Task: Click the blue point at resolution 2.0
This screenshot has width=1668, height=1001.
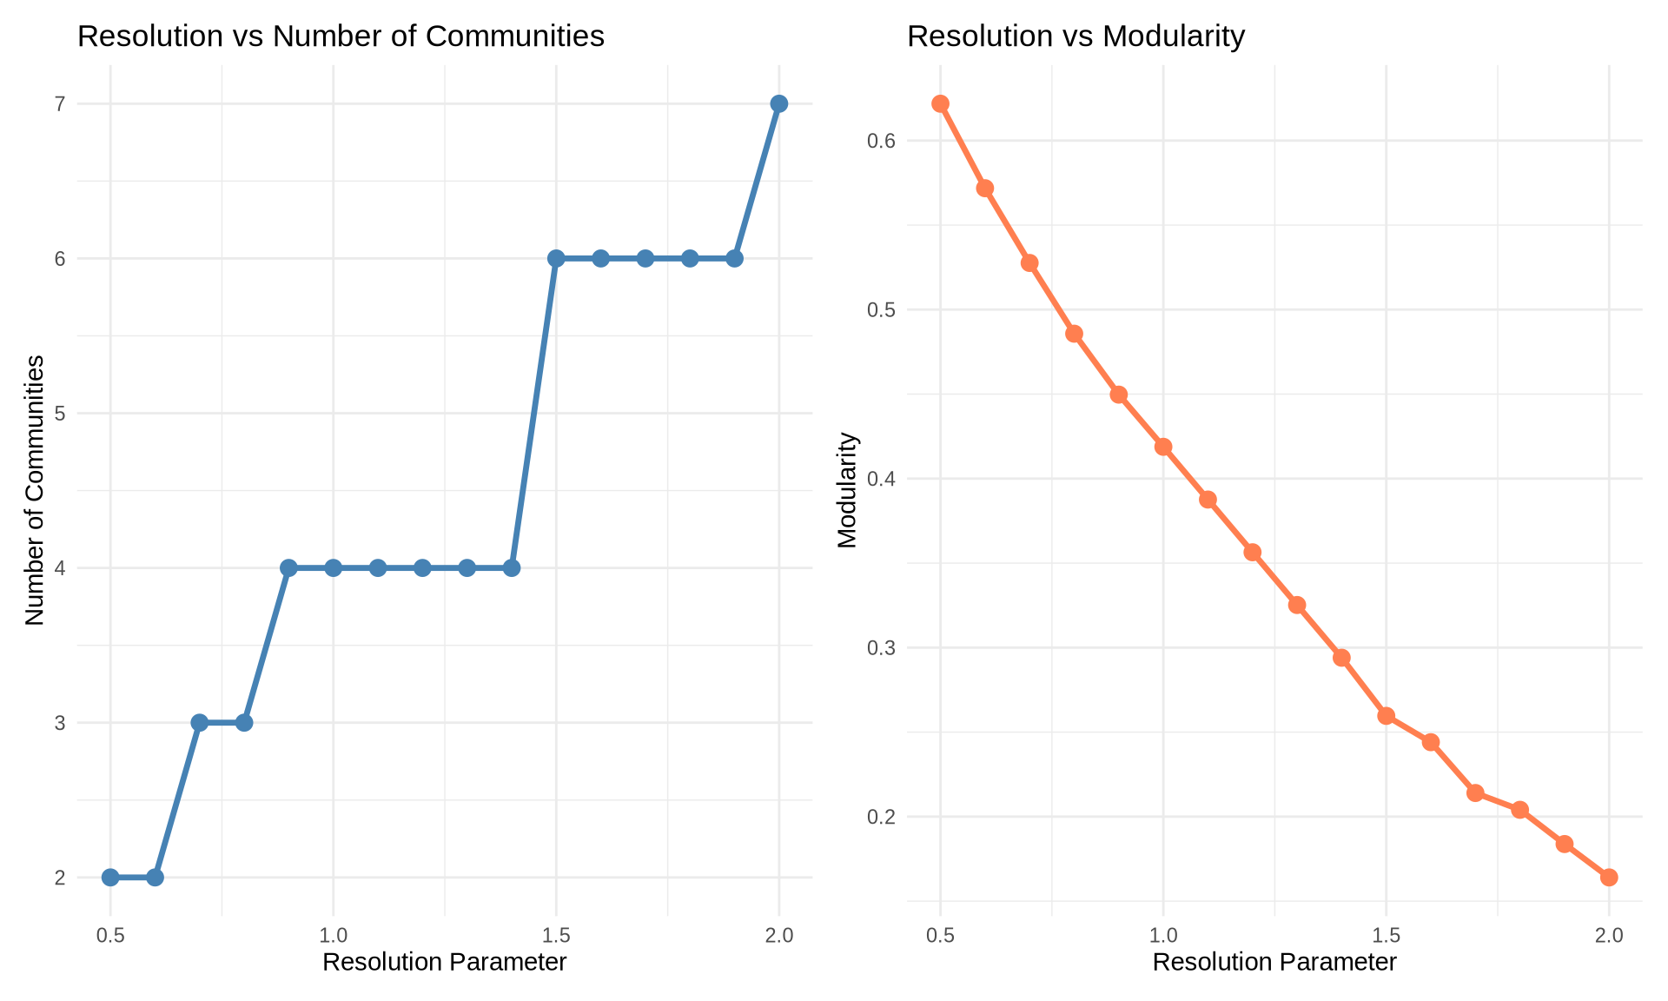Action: coord(778,104)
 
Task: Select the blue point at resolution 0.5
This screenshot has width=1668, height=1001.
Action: coord(110,877)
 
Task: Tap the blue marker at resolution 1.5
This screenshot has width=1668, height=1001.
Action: coord(556,259)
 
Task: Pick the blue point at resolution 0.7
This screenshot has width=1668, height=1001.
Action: coord(200,723)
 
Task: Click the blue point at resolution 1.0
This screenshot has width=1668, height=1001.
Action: coord(333,568)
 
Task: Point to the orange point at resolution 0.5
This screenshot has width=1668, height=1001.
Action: coord(940,104)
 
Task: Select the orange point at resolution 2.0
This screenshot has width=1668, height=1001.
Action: coord(1609,877)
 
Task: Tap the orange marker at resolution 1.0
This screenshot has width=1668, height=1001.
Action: coord(1163,447)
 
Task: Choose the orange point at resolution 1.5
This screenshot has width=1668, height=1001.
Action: coord(1387,716)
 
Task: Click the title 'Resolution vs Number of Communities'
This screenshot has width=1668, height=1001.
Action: coord(341,36)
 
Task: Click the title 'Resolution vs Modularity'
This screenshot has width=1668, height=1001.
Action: coord(1076,36)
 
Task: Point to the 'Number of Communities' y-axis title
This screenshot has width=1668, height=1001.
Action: coord(35,490)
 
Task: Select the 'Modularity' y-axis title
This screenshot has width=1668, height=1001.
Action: coord(847,490)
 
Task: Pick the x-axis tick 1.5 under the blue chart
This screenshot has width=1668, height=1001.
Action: coord(556,936)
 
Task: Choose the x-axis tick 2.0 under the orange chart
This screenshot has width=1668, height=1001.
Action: coord(1609,936)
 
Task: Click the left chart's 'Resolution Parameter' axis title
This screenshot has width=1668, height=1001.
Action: coord(444,963)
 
